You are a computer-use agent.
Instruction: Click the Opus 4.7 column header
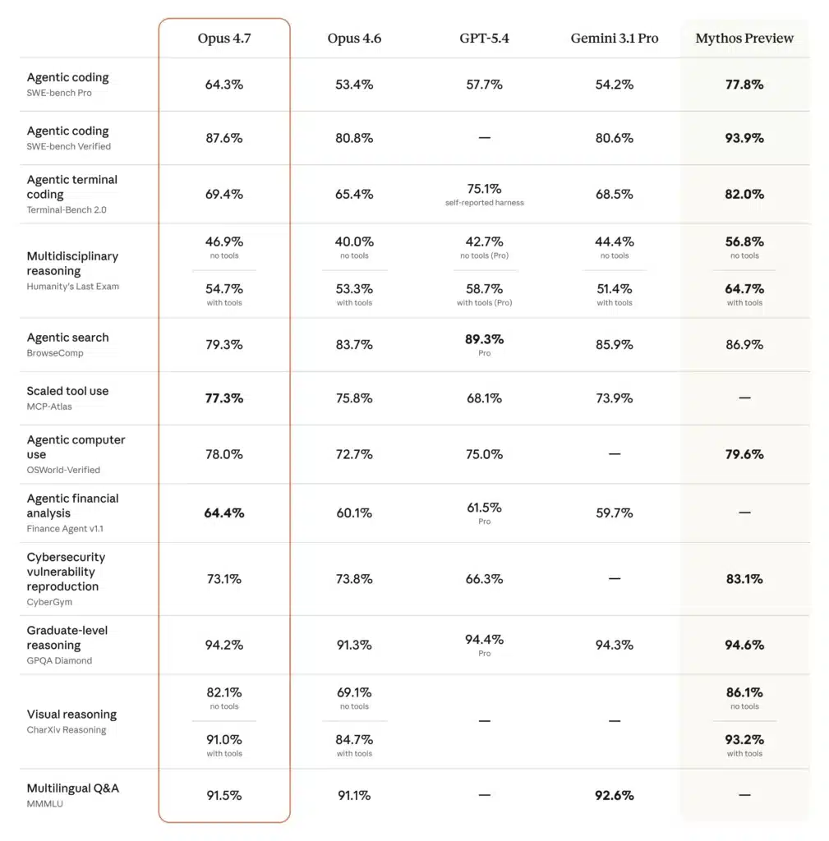coord(223,39)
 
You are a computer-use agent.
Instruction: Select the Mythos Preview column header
coord(744,39)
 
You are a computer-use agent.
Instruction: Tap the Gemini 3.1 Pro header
coord(614,39)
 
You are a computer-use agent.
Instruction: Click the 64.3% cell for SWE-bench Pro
coord(223,85)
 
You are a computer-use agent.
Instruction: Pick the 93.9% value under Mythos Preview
coord(744,138)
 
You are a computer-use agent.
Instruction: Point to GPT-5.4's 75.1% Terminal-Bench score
coord(484,189)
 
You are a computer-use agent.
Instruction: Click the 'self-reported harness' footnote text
coord(484,203)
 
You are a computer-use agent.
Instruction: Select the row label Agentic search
coord(67,338)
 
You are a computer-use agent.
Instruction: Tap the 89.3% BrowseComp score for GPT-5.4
coord(484,339)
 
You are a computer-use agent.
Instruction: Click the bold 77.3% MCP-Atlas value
coord(223,398)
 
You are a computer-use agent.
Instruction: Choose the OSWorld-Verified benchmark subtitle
coord(63,470)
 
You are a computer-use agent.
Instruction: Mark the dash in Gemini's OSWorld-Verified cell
coord(614,454)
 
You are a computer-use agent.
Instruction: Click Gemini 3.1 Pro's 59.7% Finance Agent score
coord(614,513)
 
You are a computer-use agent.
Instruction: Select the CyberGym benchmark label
coord(49,602)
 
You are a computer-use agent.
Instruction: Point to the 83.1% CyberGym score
coord(744,579)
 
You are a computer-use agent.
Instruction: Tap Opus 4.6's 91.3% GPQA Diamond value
coord(354,646)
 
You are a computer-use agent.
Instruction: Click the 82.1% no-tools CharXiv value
coord(223,692)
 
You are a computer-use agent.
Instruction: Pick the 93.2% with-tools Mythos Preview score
coord(744,739)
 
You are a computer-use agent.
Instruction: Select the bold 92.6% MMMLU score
coord(614,795)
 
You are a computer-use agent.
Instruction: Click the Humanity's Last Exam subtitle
coord(72,287)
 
